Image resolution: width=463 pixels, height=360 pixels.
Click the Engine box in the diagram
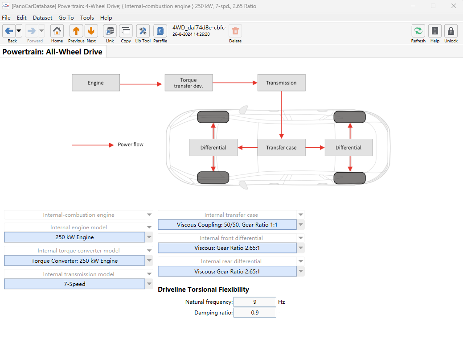[x=96, y=83]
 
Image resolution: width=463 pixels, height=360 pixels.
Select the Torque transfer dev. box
[x=188, y=83]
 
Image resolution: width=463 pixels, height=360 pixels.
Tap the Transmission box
[x=281, y=83]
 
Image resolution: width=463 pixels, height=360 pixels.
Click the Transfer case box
[x=281, y=148]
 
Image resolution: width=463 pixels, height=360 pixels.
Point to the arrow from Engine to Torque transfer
[x=141, y=84]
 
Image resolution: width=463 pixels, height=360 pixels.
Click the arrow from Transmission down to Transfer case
[x=281, y=115]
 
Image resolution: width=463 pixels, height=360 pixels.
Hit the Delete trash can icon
[x=235, y=31]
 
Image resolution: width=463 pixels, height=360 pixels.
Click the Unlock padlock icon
[x=451, y=31]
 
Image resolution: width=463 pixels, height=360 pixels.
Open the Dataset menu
[x=42, y=18]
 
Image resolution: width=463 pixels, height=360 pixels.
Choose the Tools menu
[x=87, y=18]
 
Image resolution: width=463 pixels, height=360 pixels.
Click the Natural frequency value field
[x=255, y=302]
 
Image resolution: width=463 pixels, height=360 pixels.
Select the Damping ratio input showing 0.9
[x=255, y=312]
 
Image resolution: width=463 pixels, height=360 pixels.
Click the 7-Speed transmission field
[x=74, y=284]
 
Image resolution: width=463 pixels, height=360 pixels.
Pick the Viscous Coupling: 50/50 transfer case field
[x=227, y=225]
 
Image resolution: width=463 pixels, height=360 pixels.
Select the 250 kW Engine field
[x=74, y=237]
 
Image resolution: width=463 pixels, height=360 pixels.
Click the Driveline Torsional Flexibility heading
[x=204, y=290]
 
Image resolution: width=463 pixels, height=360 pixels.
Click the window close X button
[x=454, y=6]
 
